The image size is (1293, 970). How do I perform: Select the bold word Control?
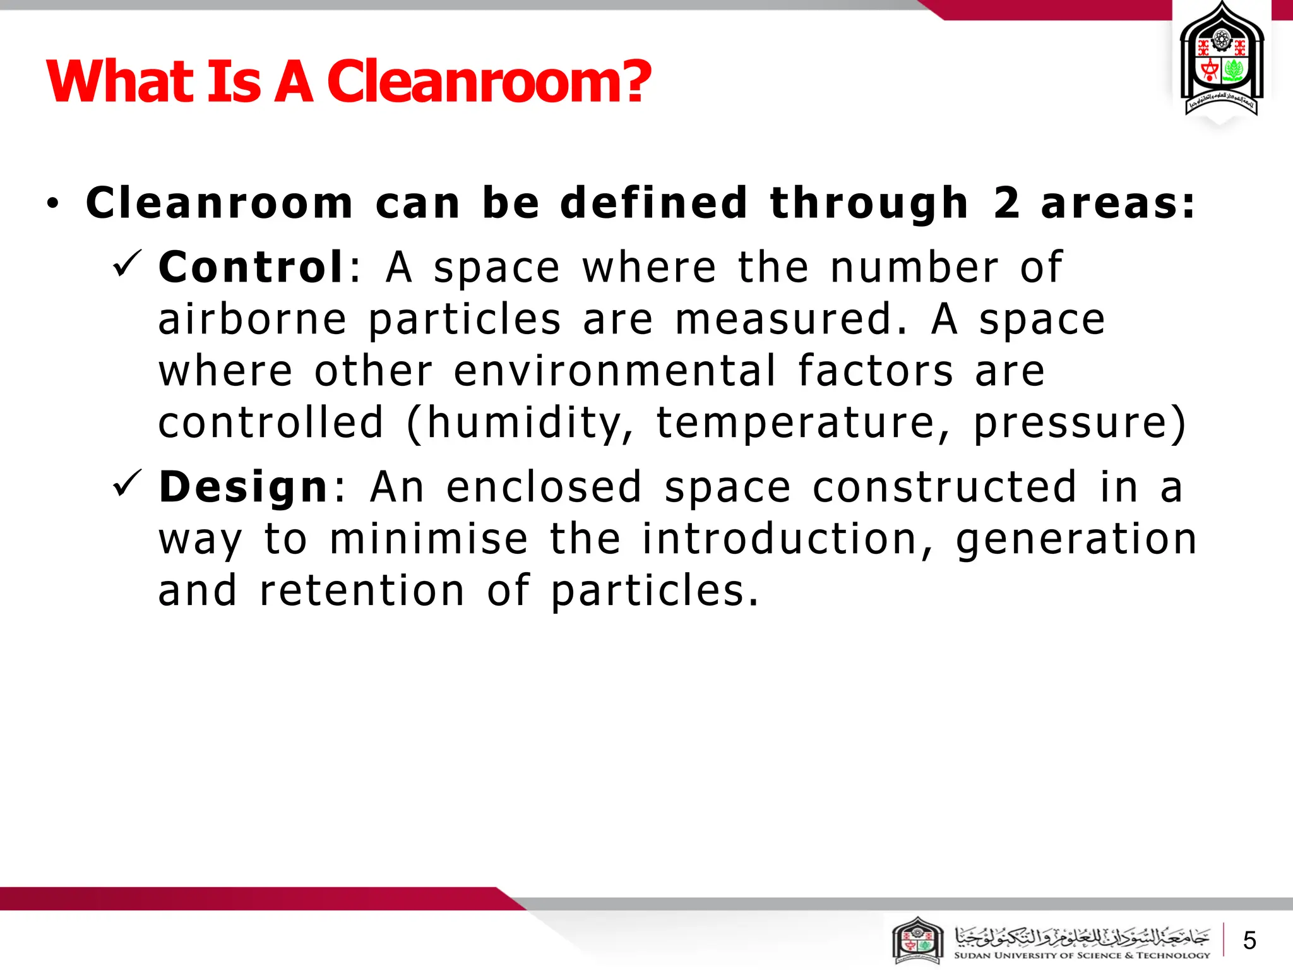251,267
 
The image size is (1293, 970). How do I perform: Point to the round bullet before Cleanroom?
52,203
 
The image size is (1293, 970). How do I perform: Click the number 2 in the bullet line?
1006,203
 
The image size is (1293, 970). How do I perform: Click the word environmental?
615,371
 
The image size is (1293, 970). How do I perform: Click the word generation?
1076,541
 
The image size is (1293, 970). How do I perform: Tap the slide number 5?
1249,941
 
